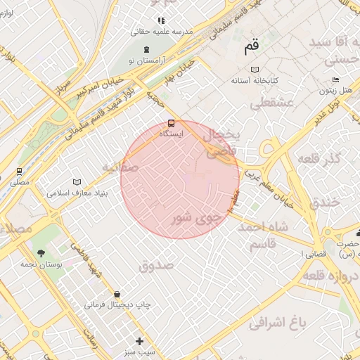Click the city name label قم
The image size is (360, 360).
coord(251,48)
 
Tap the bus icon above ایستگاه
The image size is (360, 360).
coord(172,124)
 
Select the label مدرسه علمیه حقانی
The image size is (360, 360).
coord(149,32)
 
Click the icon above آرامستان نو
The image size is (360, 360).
coord(146,49)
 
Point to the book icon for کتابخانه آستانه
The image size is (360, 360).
coord(255,70)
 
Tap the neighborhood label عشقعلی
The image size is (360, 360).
coord(265,104)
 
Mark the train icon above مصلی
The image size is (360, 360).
coord(19,171)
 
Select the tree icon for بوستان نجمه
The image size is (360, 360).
coord(41,252)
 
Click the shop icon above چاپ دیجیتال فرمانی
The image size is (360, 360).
coord(116,293)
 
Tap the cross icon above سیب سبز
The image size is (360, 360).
coord(139,341)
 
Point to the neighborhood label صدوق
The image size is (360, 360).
coord(156,266)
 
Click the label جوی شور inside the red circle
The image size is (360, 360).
coord(196,219)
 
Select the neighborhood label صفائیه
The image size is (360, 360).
coord(117,167)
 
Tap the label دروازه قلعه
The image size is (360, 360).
coord(331,276)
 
